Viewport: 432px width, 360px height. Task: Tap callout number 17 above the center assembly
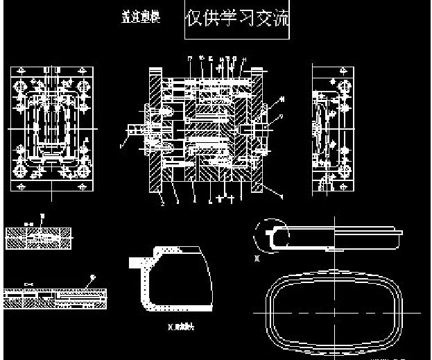pos(189,58)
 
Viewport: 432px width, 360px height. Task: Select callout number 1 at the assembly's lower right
pos(281,196)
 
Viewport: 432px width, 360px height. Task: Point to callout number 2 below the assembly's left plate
pos(162,203)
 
